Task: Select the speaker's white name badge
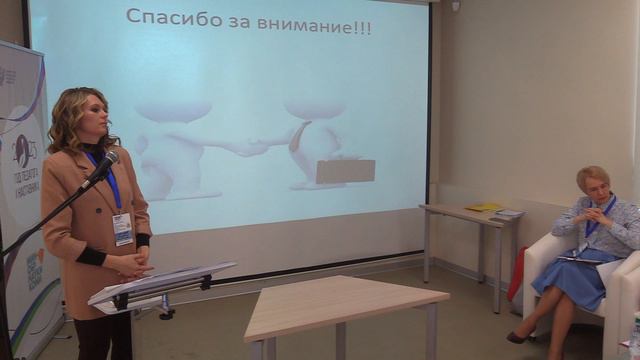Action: (122, 229)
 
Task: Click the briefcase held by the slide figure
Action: (345, 170)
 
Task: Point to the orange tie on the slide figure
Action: (296, 137)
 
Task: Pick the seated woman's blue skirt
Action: (568, 281)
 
